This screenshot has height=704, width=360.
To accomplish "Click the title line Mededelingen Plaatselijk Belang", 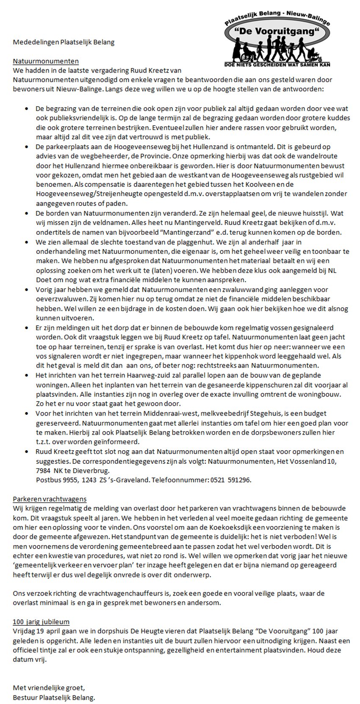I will (x=64, y=42).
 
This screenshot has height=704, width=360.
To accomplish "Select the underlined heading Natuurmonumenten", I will (x=46, y=61).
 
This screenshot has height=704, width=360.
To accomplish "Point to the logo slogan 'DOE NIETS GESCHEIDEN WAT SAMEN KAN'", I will (x=277, y=65).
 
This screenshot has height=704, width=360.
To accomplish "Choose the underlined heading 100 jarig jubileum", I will (x=41, y=622).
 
